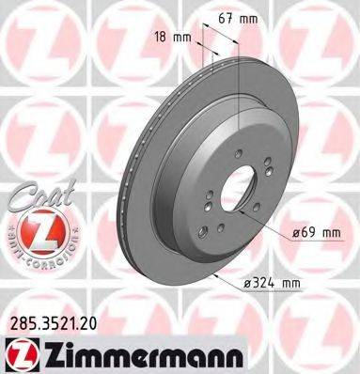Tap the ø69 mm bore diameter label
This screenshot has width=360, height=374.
pyautogui.click(x=313, y=231)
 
